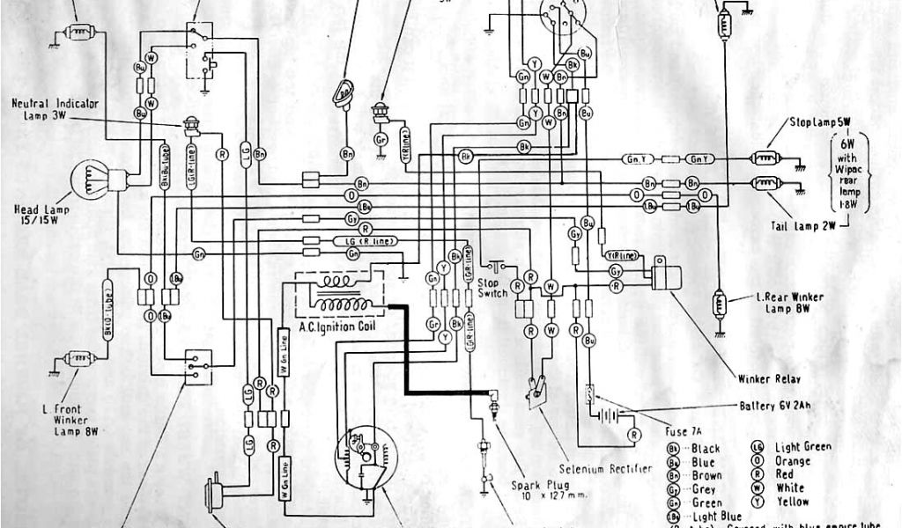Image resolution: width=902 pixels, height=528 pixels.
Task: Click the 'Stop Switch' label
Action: click(x=493, y=289)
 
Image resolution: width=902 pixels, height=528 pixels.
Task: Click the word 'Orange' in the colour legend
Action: click(x=794, y=461)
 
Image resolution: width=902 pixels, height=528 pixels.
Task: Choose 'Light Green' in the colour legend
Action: click(x=802, y=447)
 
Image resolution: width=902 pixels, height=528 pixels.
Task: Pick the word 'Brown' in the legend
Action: click(x=707, y=476)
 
